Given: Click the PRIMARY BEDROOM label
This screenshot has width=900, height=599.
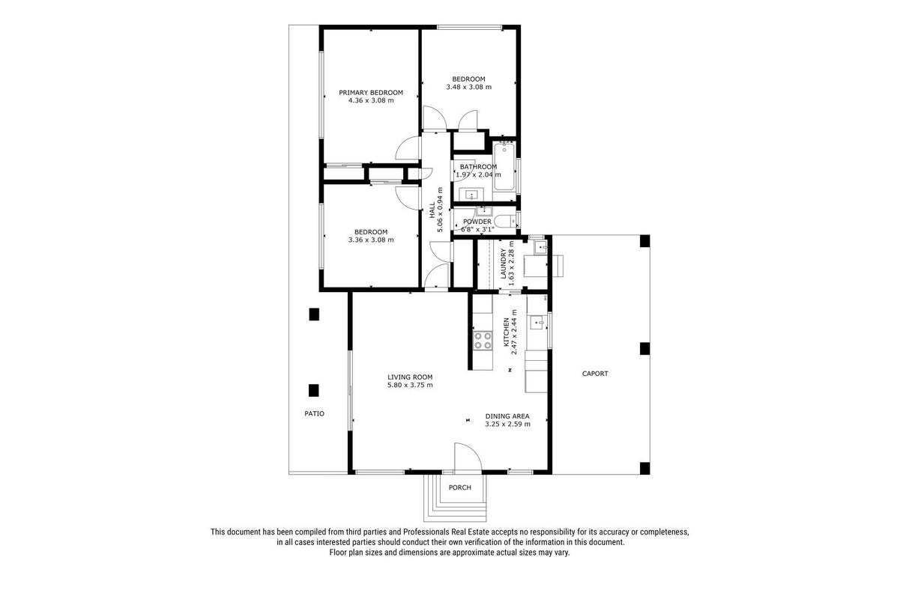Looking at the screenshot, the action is pyautogui.click(x=370, y=93).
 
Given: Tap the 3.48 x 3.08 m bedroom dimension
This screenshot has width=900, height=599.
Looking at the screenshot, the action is pyautogui.click(x=468, y=87).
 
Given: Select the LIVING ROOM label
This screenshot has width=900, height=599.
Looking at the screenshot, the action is pyautogui.click(x=410, y=377).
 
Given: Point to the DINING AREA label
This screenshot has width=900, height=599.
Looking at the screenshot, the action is pyautogui.click(x=507, y=416).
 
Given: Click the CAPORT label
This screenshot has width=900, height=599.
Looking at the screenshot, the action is pyautogui.click(x=595, y=374).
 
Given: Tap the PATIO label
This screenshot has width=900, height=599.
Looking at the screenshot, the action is pyautogui.click(x=314, y=413).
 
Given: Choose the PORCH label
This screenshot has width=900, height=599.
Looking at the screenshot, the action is pyautogui.click(x=459, y=487).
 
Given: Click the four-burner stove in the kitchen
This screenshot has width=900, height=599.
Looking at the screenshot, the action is pyautogui.click(x=483, y=341).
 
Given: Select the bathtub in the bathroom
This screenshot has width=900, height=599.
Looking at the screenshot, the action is pyautogui.click(x=504, y=166).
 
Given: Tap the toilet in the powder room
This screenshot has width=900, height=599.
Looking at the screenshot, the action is pyautogui.click(x=505, y=221).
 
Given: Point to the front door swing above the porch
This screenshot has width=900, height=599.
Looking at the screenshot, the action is pyautogui.click(x=468, y=457).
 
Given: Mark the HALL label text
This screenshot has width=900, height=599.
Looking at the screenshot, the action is pyautogui.click(x=432, y=210).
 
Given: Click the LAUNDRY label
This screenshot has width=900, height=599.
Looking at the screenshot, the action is pyautogui.click(x=504, y=264).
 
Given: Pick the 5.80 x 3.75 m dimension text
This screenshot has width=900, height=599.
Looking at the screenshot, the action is pyautogui.click(x=410, y=385).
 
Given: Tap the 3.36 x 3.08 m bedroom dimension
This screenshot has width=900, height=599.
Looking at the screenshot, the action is pyautogui.click(x=371, y=240).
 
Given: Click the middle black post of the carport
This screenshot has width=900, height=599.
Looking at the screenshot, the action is pyautogui.click(x=644, y=348).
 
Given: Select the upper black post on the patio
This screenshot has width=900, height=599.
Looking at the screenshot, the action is pyautogui.click(x=314, y=314).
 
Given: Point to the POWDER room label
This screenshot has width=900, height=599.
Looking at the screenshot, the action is pyautogui.click(x=477, y=222).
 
